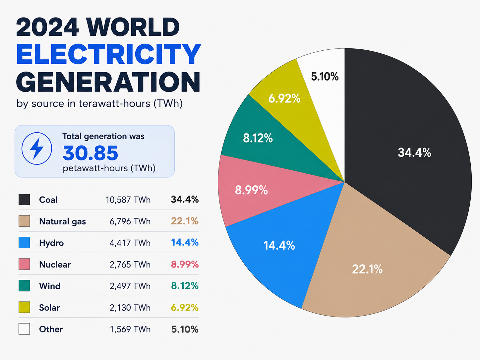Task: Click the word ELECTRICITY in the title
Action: click(x=108, y=54)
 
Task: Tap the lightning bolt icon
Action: click(x=37, y=148)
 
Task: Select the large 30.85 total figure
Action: click(x=90, y=153)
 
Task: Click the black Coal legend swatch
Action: click(x=24, y=199)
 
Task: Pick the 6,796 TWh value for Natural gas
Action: click(x=130, y=221)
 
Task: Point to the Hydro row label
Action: click(x=51, y=243)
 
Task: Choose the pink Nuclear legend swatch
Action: click(x=24, y=264)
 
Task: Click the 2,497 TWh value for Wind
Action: click(x=130, y=286)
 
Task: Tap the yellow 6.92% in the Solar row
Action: click(x=185, y=308)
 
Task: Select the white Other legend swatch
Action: click(x=24, y=329)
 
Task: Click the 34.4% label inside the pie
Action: click(x=414, y=152)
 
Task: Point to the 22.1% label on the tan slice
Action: click(x=367, y=269)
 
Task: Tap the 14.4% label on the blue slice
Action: click(x=279, y=245)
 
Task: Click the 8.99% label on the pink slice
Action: click(x=251, y=190)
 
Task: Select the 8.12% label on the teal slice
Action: click(x=258, y=138)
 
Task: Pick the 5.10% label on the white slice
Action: click(x=325, y=77)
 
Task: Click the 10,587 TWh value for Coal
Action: click(x=128, y=200)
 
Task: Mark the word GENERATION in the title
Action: click(x=108, y=82)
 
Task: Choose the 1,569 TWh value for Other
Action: click(x=130, y=329)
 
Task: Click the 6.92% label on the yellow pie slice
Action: click(x=284, y=98)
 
